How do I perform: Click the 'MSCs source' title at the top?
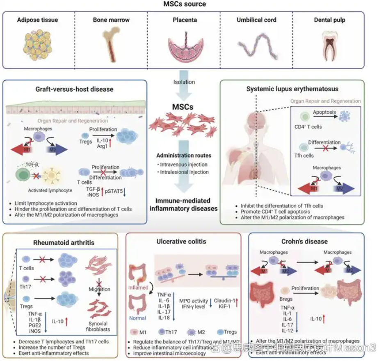pyautogui.click(x=189, y=5)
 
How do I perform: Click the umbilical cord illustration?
pyautogui.click(x=257, y=45)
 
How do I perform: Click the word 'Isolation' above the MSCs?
pyautogui.click(x=184, y=82)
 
